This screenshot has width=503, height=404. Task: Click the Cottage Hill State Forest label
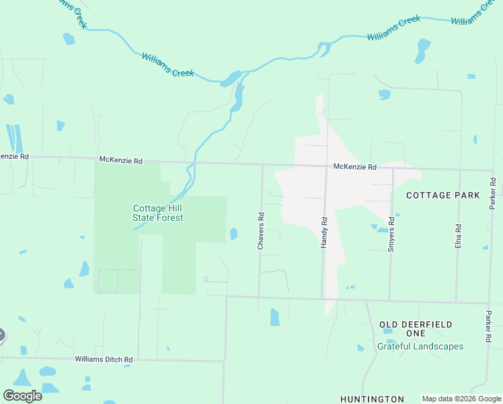coord(157,213)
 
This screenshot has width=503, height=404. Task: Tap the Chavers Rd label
coord(261,232)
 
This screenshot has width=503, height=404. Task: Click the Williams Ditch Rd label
coord(104,360)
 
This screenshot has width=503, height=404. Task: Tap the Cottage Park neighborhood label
coord(443,195)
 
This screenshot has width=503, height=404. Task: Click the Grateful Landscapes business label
coord(420,346)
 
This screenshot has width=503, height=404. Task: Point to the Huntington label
coord(372,399)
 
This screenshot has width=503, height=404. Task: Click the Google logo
coord(22,396)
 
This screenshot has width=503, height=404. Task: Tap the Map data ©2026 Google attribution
coord(461,399)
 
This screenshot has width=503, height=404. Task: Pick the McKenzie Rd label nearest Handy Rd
coord(354,166)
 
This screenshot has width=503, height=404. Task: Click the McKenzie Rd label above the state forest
coord(121,160)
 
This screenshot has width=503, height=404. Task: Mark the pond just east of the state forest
coord(233,234)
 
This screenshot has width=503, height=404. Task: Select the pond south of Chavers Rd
coord(274,316)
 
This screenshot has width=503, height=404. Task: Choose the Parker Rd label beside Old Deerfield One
coord(489,327)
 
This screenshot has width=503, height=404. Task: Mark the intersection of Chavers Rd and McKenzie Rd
coord(262,164)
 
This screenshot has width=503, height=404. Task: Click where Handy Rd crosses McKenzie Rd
coord(326,166)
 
